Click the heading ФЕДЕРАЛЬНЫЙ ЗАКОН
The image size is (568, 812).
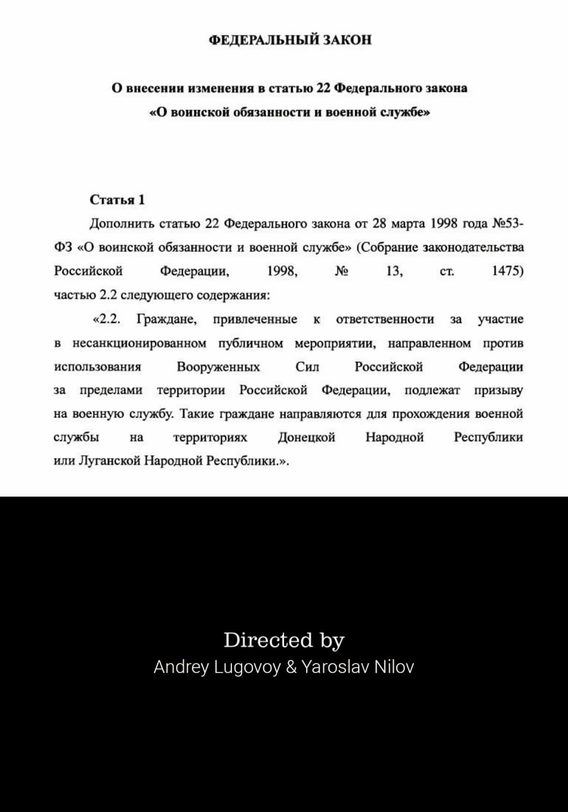coord(290,41)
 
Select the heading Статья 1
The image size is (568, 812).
coord(117,200)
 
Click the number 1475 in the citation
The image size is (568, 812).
coord(508,272)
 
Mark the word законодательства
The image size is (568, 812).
coord(477,247)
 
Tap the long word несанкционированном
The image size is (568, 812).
coord(139,343)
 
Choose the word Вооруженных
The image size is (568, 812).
coord(218,367)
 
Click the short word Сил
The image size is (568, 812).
coord(307,367)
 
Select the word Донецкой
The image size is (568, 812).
coord(306,438)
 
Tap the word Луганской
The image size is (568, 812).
coord(108,461)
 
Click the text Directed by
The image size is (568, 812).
coord(283,640)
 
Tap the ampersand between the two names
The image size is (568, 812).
coord(291,667)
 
